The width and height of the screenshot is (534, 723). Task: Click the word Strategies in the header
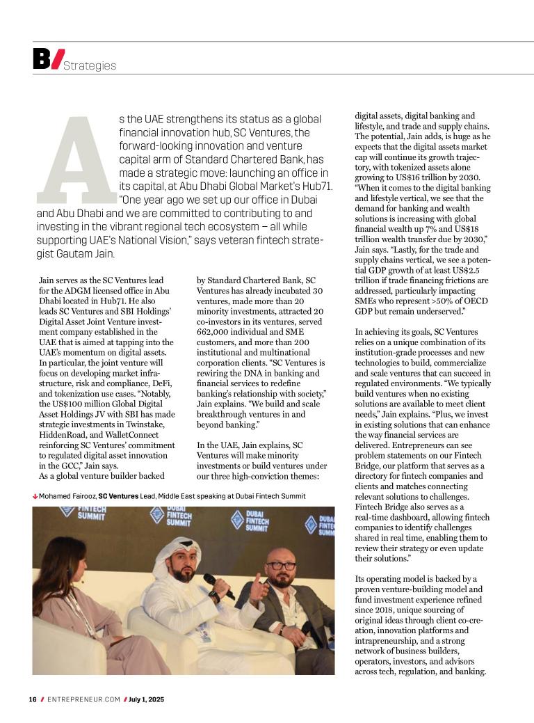90,66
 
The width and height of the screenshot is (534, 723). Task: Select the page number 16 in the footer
33,699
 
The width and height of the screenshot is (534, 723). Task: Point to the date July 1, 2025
147,699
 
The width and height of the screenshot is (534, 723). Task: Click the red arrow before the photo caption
35,496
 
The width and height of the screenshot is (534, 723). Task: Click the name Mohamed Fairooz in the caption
67,496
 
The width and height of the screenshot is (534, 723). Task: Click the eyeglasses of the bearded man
281,566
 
